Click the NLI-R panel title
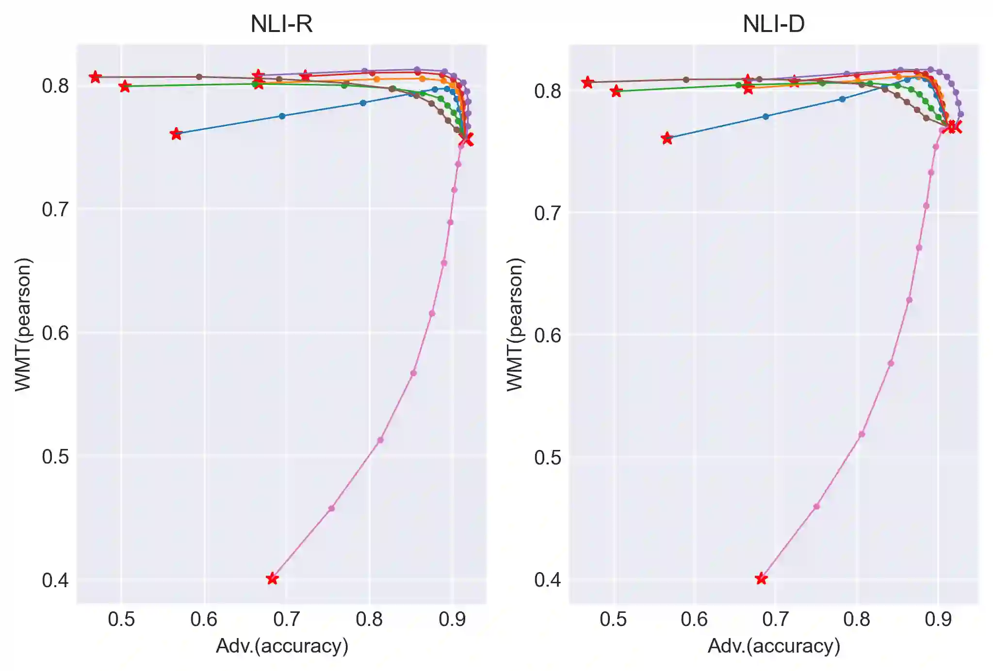point(281,24)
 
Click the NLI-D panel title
point(773,24)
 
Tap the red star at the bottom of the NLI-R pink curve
point(273,578)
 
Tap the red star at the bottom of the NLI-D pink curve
point(761,578)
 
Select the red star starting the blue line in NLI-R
point(176,134)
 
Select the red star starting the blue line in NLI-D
point(667,138)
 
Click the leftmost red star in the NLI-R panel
point(95,77)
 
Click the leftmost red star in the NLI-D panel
point(588,82)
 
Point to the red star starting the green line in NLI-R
point(125,86)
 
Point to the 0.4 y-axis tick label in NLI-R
point(55,580)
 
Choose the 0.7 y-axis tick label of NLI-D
point(548,213)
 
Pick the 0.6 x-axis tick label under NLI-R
point(204,619)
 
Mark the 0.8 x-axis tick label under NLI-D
point(857,619)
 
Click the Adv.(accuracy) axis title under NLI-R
point(282,646)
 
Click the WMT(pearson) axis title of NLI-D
point(515,324)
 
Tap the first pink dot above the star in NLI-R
point(331,508)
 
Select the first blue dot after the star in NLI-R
point(282,116)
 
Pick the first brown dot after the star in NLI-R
point(199,77)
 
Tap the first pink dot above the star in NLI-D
point(816,506)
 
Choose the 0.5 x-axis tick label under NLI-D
point(613,619)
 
